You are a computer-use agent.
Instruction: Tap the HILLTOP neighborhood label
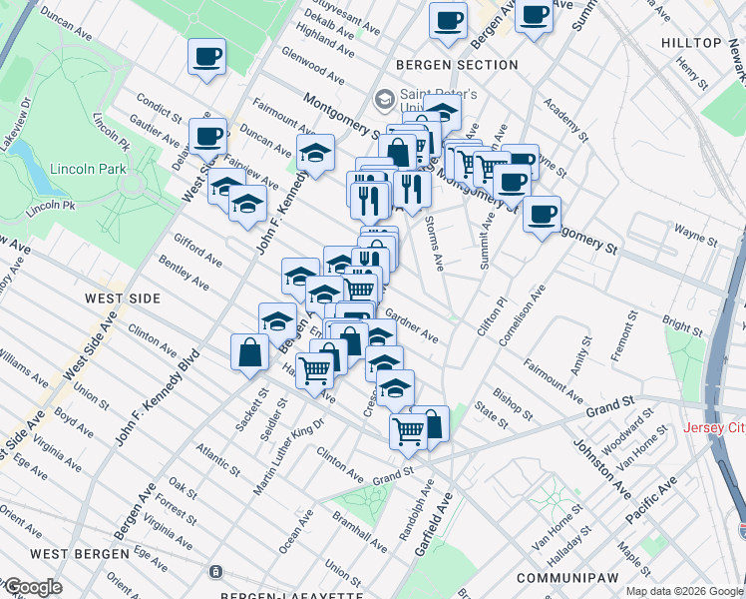(x=691, y=43)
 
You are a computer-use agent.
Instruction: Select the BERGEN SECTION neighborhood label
(x=457, y=65)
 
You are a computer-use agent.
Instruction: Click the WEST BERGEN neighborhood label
(x=79, y=553)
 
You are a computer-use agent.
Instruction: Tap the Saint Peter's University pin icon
(x=384, y=100)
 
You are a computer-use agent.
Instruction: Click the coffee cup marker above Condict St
(x=207, y=57)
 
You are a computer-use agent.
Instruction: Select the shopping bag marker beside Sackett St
(x=248, y=352)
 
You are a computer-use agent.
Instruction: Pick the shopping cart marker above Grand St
(x=409, y=430)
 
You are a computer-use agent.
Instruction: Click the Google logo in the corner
(x=32, y=587)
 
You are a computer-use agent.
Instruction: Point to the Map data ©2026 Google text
(x=683, y=591)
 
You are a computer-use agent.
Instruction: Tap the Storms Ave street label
(x=434, y=245)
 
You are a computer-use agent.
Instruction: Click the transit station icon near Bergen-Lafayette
(x=214, y=572)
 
